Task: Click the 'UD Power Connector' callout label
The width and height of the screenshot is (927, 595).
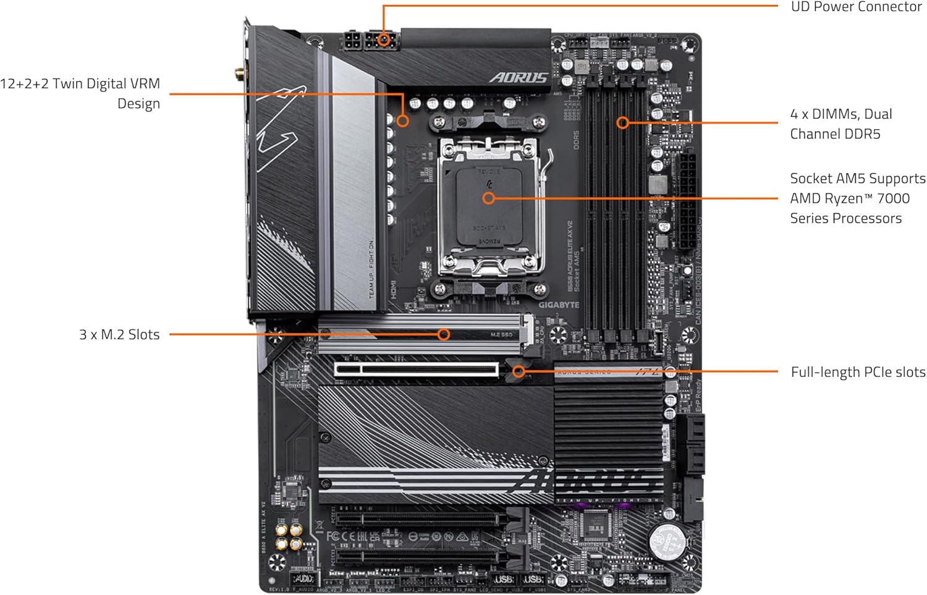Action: coord(856,7)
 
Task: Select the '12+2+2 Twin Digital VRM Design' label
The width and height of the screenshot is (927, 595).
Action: coord(80,93)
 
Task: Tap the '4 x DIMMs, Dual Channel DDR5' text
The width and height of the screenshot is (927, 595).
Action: coord(840,124)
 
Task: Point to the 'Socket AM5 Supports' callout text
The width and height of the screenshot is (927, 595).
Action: coord(858,179)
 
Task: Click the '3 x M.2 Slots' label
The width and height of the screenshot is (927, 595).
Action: coord(119,334)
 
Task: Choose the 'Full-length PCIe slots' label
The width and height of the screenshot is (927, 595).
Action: coord(858,372)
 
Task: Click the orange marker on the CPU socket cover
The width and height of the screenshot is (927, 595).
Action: coord(488,198)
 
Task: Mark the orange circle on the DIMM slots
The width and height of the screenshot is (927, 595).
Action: coord(623,122)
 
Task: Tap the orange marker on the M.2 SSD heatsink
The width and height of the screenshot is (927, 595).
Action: coord(443,334)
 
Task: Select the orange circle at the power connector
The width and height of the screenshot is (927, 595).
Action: coord(384,40)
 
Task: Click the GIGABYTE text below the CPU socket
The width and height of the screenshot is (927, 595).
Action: coord(558,305)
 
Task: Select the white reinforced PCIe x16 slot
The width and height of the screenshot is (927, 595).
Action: coord(417,369)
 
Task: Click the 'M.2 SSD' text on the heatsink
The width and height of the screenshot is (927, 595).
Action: coord(501,334)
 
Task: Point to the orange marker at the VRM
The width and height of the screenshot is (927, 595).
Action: coord(402,120)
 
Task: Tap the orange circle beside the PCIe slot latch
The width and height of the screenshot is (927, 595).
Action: coord(519,371)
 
